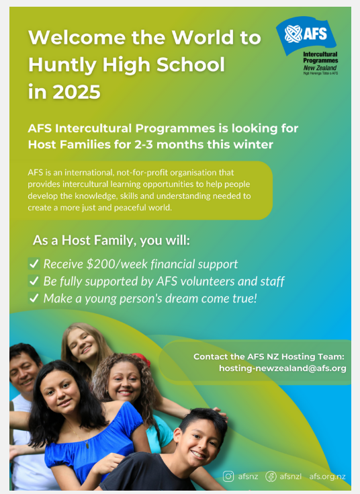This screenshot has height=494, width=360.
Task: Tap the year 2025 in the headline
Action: tap(77, 92)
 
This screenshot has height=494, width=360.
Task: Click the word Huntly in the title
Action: tap(62, 65)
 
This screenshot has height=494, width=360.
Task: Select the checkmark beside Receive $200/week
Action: tap(34, 263)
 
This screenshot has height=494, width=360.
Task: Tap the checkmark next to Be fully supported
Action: tap(34, 281)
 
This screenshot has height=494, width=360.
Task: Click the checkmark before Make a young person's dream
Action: tap(34, 298)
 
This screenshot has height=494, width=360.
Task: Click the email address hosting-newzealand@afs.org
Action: tap(283, 368)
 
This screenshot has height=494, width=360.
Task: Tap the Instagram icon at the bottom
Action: tap(228, 477)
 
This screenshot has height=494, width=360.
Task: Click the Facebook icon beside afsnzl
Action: tap(271, 477)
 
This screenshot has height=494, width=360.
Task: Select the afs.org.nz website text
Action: tap(327, 477)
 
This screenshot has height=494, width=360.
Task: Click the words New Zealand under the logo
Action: tap(320, 68)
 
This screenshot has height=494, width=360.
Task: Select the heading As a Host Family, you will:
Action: tap(111, 241)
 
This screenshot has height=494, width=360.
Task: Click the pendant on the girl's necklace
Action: tap(87, 445)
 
